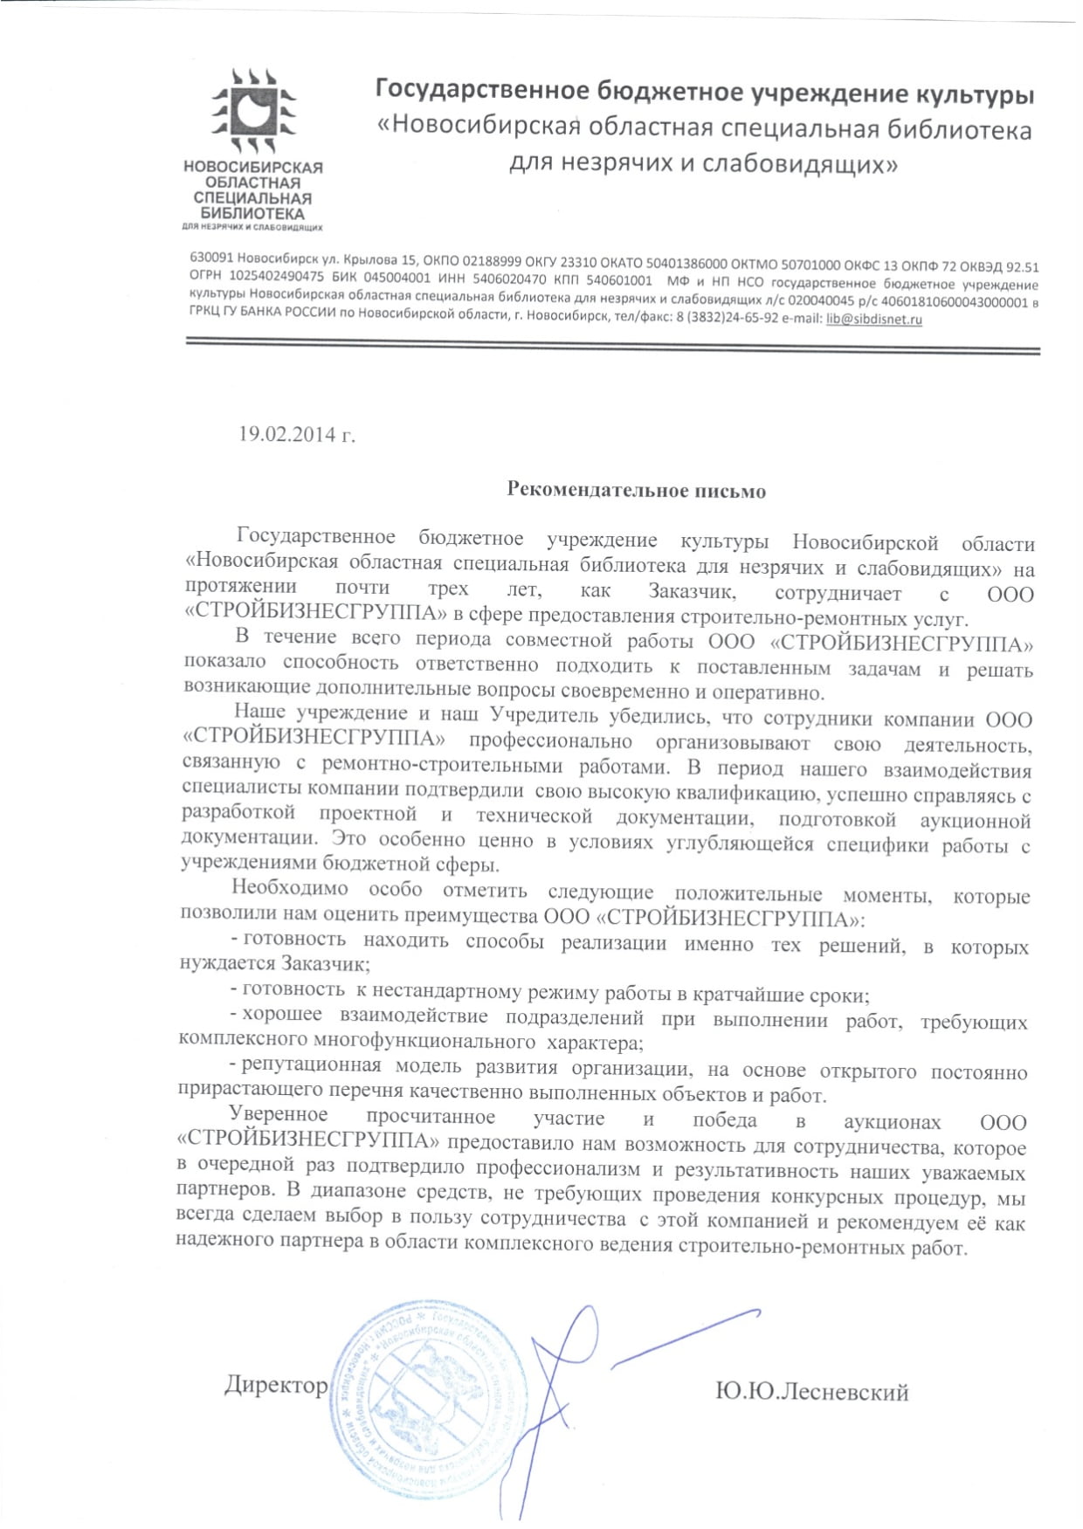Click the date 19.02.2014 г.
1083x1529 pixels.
click(298, 434)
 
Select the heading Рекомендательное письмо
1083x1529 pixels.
click(637, 491)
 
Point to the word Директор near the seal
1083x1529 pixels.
click(276, 1385)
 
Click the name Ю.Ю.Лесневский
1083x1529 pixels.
click(811, 1391)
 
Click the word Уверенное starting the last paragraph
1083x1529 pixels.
click(279, 1114)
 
